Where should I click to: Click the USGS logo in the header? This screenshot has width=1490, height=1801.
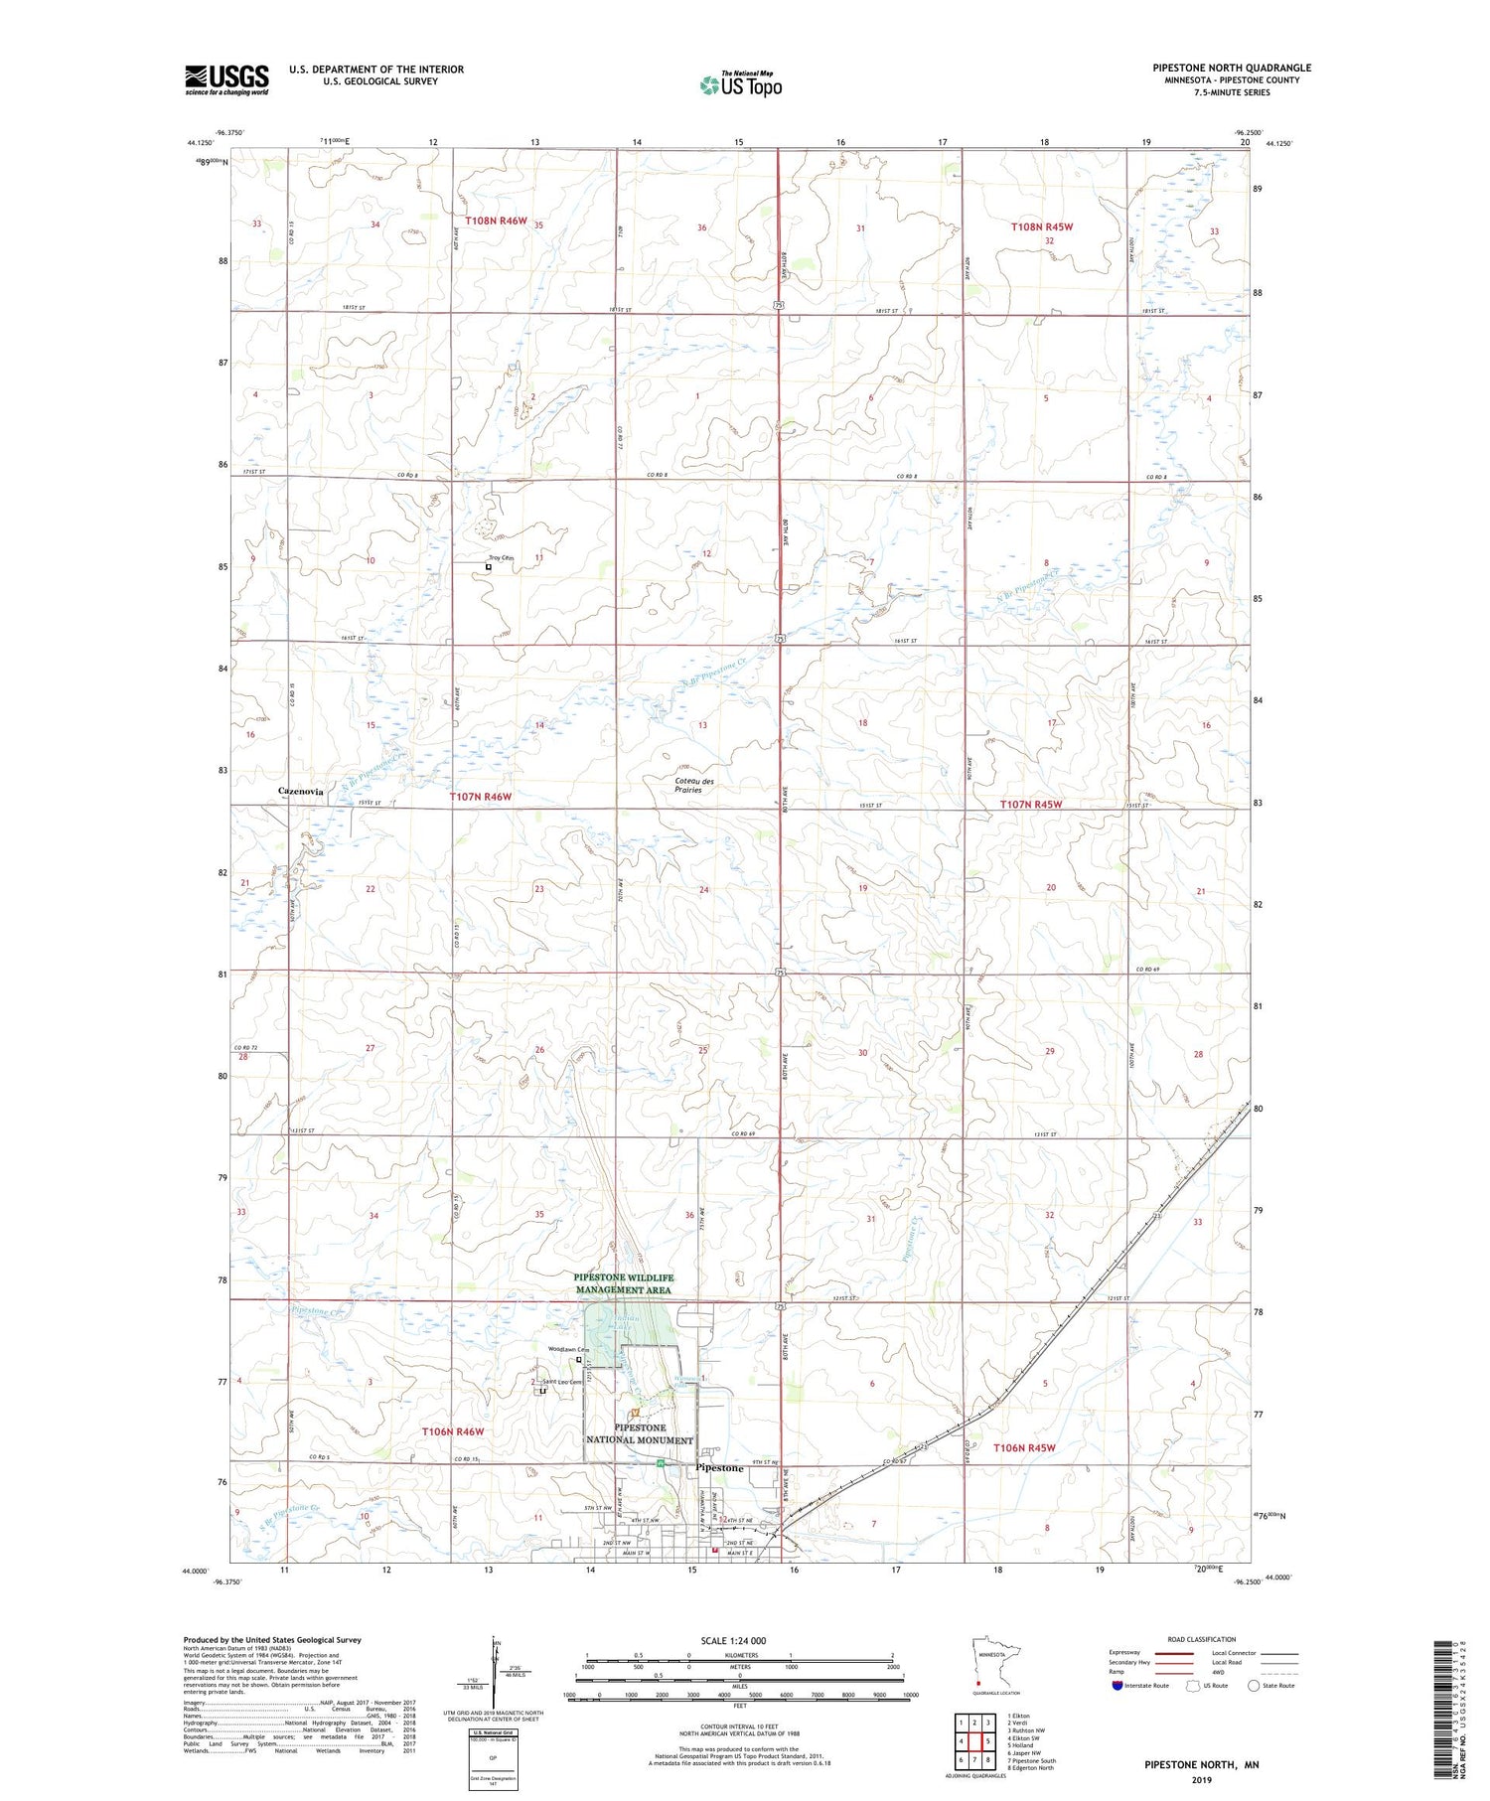tap(226, 79)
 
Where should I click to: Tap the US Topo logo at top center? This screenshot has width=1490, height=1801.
tap(741, 84)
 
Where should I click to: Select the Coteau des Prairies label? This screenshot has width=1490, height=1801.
tap(693, 785)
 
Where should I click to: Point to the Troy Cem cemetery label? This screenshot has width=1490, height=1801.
tap(502, 557)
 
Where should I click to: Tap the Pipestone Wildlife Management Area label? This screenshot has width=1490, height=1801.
tap(623, 1283)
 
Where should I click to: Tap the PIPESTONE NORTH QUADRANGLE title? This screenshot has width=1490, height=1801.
tap(1232, 68)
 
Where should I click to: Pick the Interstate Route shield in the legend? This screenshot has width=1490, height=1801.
tap(1117, 1685)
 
